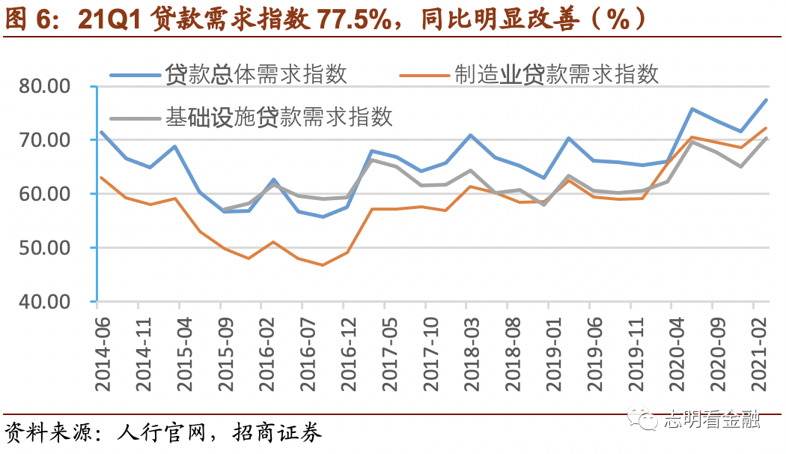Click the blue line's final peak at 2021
click(766, 100)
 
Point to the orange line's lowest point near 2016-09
click(323, 264)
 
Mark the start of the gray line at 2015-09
click(222, 210)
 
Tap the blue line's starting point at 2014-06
click(100, 132)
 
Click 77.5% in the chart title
click(356, 20)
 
